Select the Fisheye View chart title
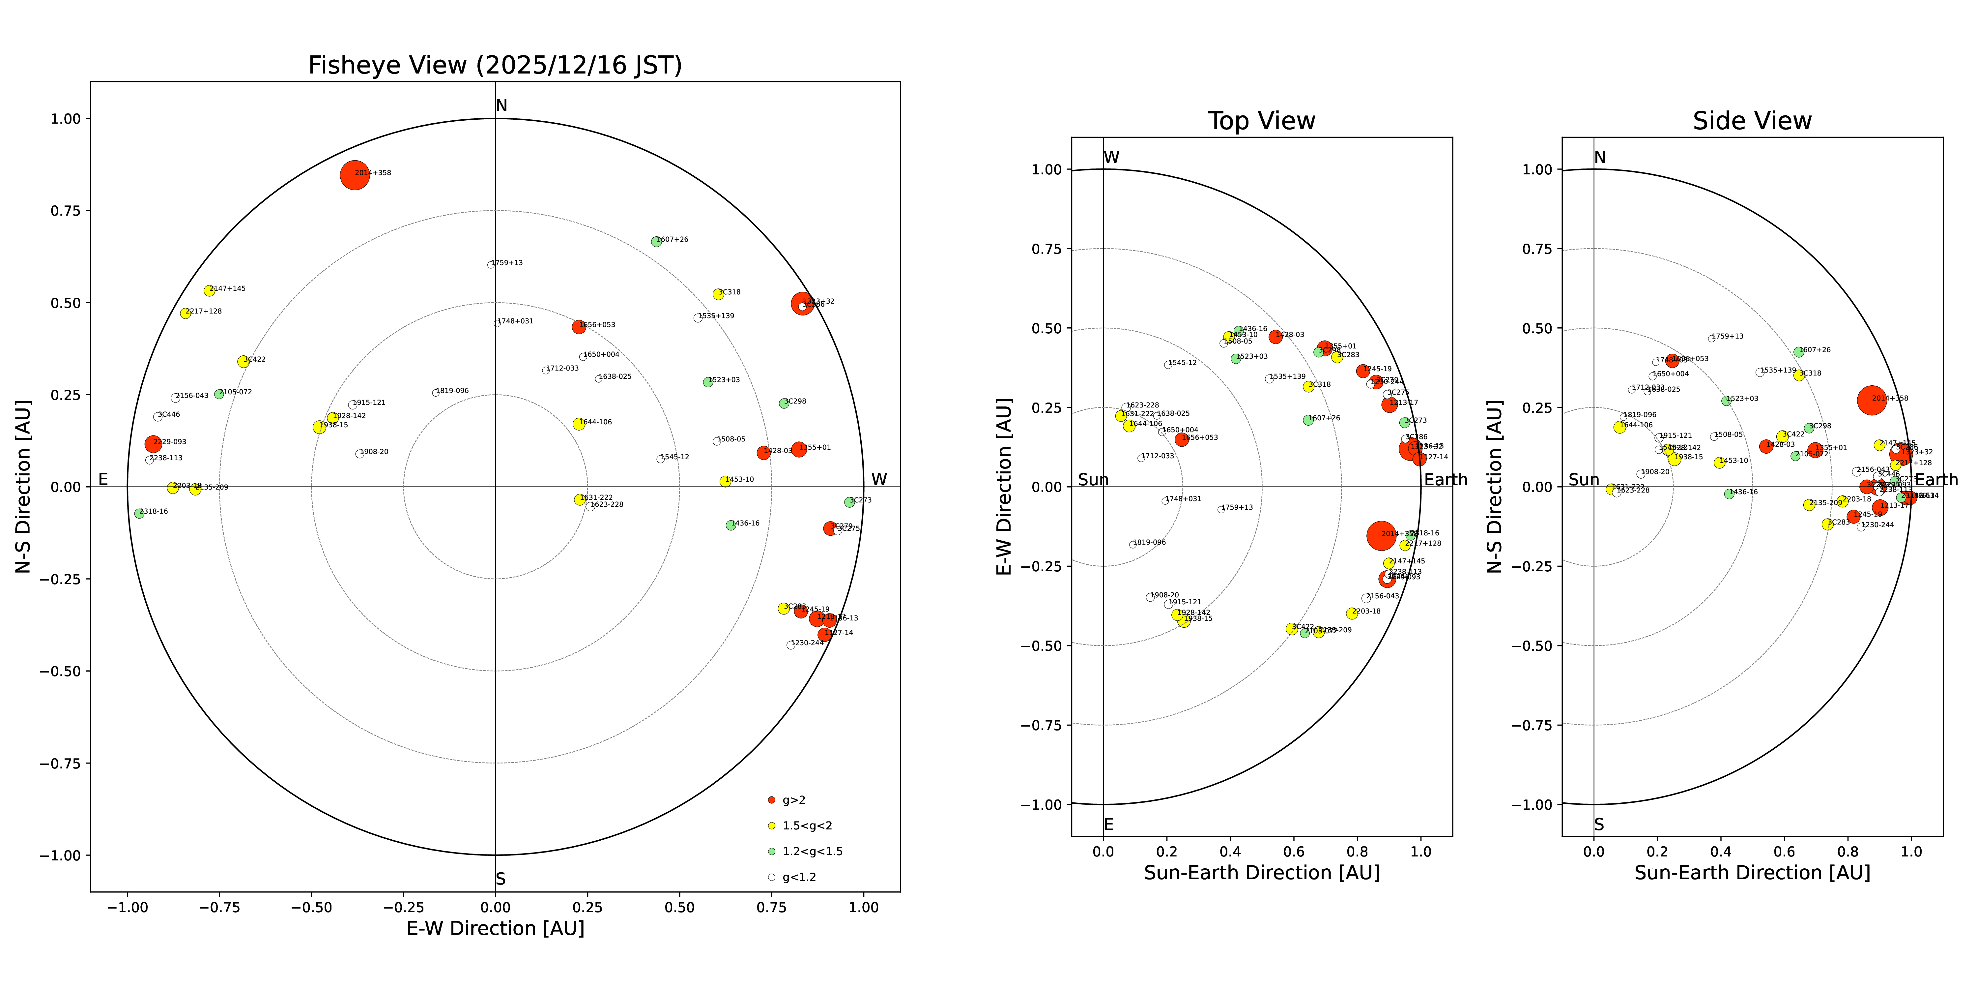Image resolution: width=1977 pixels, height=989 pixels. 495,65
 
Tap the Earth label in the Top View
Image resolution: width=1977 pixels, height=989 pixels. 1445,480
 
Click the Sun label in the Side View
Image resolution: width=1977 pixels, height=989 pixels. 1583,480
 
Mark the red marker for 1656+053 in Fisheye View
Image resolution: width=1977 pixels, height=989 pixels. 579,327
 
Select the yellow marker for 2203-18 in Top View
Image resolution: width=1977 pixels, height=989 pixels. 1352,614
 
